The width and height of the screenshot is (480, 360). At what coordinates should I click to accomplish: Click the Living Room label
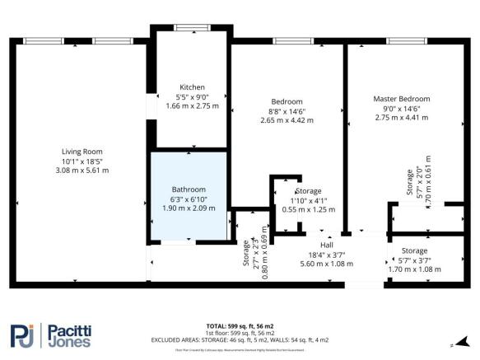pyautogui.click(x=82, y=151)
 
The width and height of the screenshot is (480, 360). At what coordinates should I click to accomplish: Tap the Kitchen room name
pyautogui.click(x=192, y=87)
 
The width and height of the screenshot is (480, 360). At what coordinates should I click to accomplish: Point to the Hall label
pyautogui.click(x=327, y=245)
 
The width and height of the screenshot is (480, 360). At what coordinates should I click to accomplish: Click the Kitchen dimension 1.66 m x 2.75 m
pyautogui.click(x=192, y=105)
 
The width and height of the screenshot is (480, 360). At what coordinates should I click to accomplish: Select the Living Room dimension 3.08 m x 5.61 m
pyautogui.click(x=82, y=170)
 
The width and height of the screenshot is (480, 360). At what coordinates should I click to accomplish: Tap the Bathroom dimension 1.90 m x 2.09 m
pyautogui.click(x=189, y=207)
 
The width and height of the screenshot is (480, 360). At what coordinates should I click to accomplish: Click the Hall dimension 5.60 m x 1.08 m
pyautogui.click(x=327, y=264)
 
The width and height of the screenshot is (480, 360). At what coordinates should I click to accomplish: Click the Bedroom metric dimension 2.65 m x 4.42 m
pyautogui.click(x=286, y=120)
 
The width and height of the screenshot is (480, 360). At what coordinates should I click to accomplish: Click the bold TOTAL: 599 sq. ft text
pyautogui.click(x=239, y=326)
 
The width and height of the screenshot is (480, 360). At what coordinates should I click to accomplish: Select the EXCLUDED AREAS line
pyautogui.click(x=239, y=339)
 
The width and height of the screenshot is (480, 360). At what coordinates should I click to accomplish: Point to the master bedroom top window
pyautogui.click(x=400, y=40)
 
